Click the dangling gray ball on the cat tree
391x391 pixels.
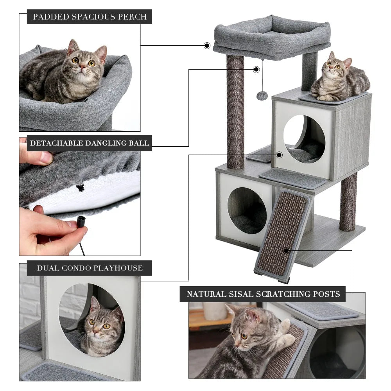pos(262,96)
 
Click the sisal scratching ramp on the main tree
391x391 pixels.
pos(282,235)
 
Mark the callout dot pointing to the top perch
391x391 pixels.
pos(207,46)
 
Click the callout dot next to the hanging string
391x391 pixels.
pos(256,70)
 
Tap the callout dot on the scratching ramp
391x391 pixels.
pos(286,250)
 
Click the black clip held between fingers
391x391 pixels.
pos(81,222)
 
